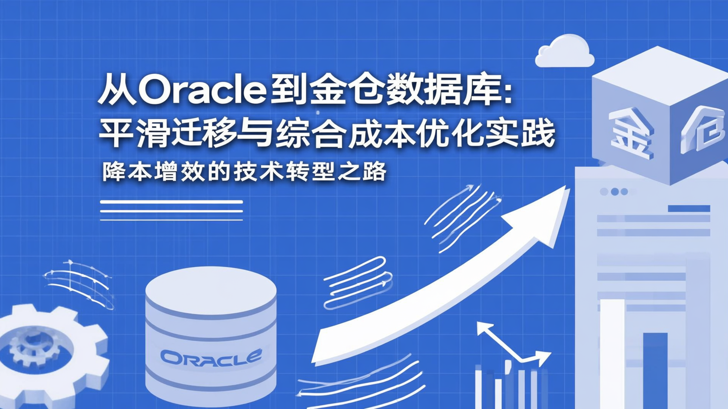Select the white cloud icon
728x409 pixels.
tap(564, 52)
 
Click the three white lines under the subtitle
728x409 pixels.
tap(171, 211)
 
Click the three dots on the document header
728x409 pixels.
tap(615, 192)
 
